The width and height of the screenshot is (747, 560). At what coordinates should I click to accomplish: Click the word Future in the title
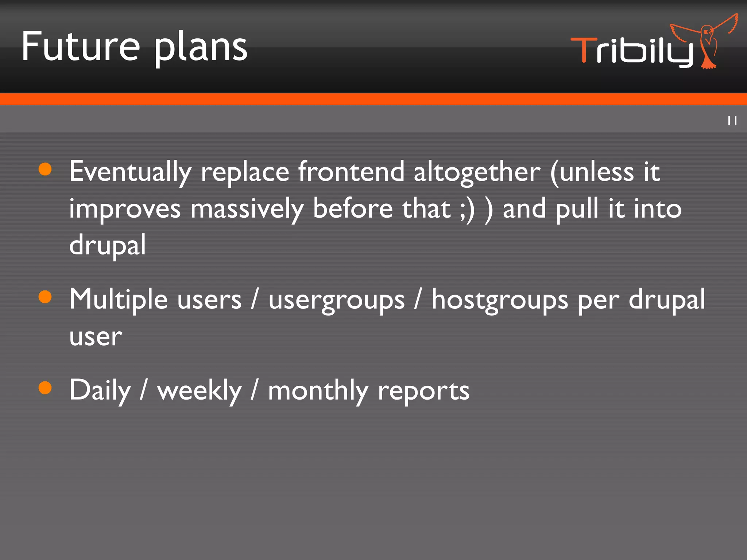tap(81, 46)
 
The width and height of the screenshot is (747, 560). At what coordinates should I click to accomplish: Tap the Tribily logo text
tap(631, 51)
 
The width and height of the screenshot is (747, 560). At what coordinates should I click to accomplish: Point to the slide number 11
tap(732, 121)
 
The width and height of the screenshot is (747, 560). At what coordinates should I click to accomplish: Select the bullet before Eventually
tap(45, 169)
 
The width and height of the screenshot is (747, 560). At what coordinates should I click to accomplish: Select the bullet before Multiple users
tap(45, 297)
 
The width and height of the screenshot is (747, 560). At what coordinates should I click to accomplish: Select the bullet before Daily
tap(45, 388)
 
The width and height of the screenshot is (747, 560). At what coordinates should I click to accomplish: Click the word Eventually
tap(130, 171)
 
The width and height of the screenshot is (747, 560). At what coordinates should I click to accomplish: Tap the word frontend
tap(351, 171)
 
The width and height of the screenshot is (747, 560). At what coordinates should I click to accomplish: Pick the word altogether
tap(477, 171)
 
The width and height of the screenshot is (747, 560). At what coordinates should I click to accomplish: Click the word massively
tap(247, 209)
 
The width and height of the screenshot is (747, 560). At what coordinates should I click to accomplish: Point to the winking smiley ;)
tap(467, 209)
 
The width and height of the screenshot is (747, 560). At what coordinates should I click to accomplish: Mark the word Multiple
tap(119, 300)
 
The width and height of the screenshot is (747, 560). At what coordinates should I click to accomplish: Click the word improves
tap(125, 209)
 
